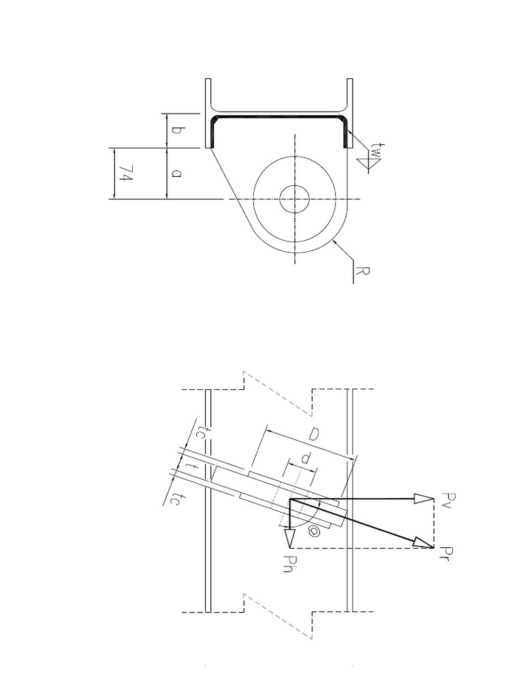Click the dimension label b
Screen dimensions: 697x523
coord(176,131)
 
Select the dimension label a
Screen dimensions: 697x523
coord(176,174)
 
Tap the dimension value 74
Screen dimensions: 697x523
coord(125,174)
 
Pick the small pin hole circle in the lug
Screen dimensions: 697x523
coord(295,199)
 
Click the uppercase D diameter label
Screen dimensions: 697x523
coord(315,434)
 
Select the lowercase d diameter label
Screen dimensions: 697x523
coord(306,461)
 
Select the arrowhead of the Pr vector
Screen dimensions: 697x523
coord(424,543)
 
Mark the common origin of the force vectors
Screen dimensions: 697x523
coord(290,499)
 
